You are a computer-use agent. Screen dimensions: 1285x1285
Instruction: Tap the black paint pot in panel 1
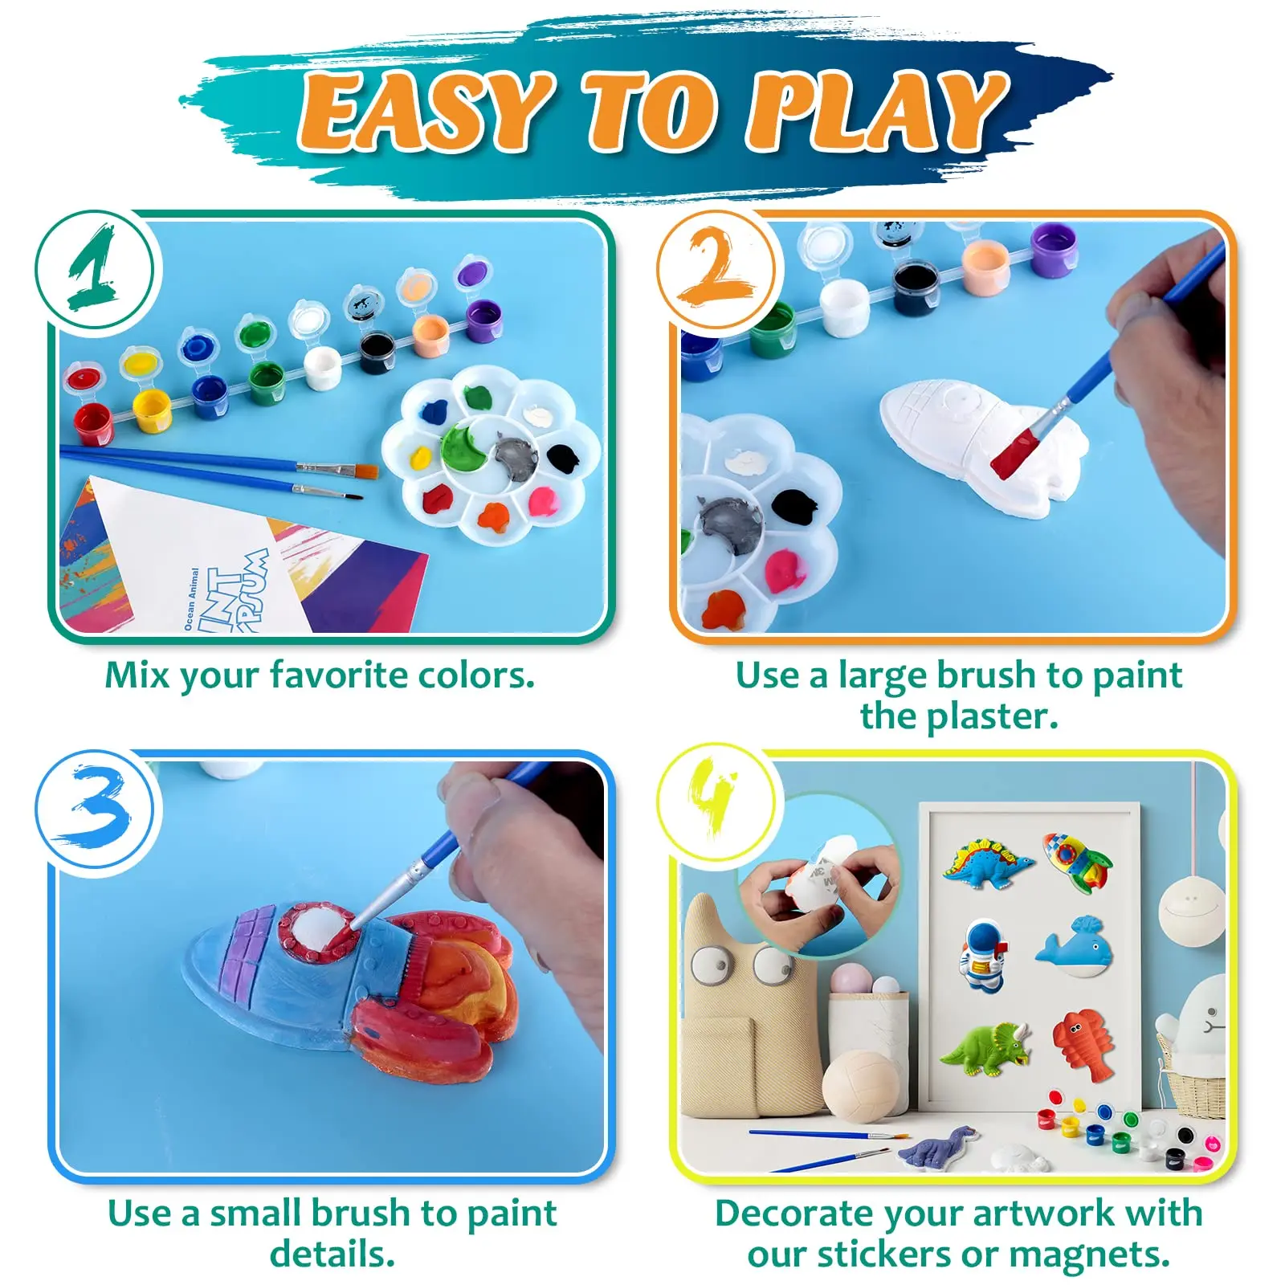(x=376, y=351)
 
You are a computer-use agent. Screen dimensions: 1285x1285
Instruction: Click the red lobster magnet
(x=1085, y=1044)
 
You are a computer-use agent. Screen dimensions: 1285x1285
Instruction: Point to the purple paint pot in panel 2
(x=1053, y=248)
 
